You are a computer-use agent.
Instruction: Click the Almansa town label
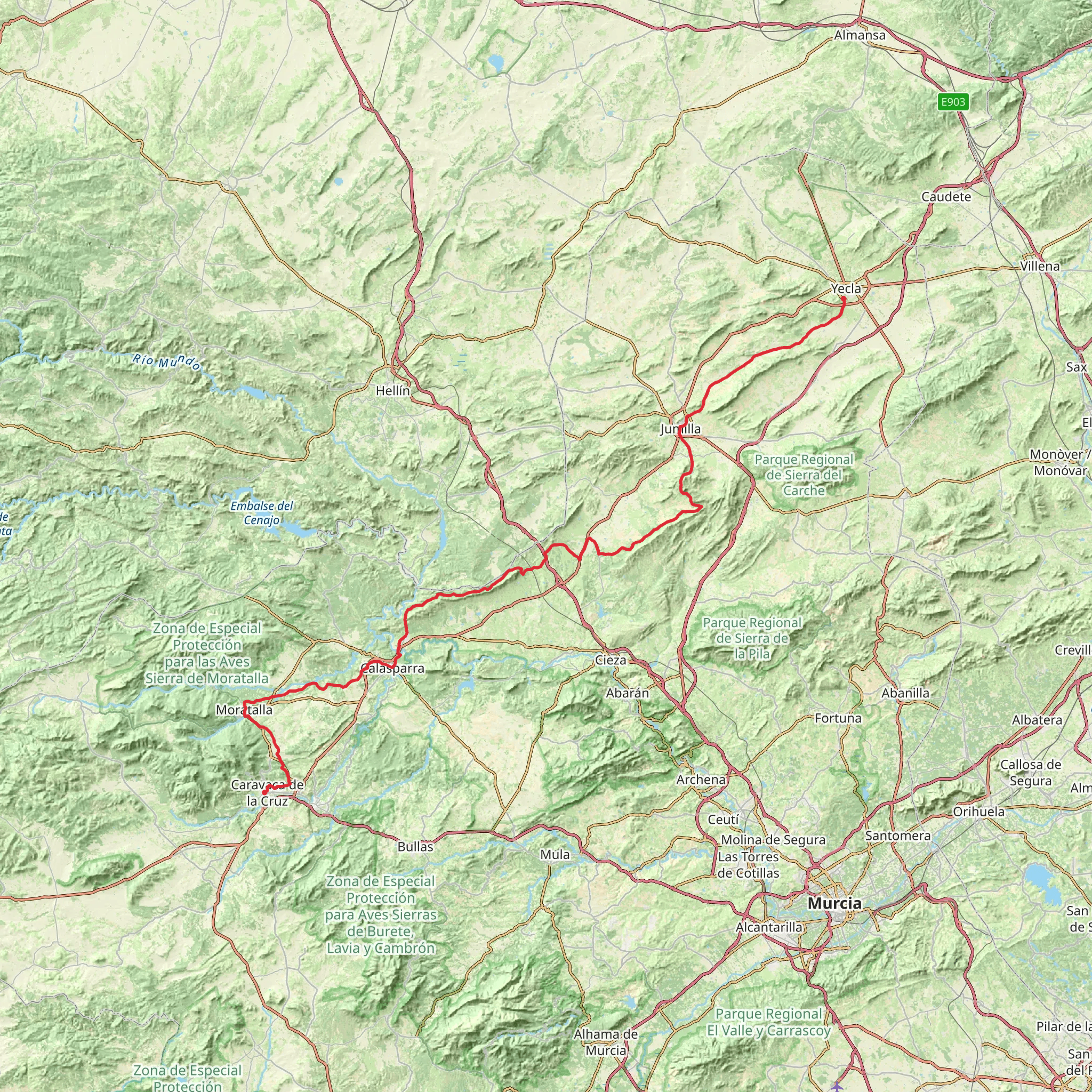[x=860, y=36]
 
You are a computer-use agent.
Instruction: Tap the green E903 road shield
[x=953, y=102]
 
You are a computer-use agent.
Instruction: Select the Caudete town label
[x=946, y=197]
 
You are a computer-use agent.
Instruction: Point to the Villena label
[x=1040, y=266]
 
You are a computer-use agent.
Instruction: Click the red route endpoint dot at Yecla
[x=844, y=298]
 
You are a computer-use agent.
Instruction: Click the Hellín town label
[x=393, y=390]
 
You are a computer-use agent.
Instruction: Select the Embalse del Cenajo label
[x=262, y=512]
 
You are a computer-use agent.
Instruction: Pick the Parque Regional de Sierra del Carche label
[x=804, y=475]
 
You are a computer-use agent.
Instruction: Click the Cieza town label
[x=611, y=660]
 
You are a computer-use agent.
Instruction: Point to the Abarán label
[x=628, y=693]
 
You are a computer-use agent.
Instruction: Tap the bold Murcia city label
[x=834, y=903]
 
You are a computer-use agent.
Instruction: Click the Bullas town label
[x=415, y=847]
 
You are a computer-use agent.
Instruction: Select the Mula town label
[x=555, y=855]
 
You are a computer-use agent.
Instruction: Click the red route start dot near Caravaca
[x=264, y=793]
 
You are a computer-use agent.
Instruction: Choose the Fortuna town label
[x=838, y=718]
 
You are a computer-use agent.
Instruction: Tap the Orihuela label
[x=978, y=812]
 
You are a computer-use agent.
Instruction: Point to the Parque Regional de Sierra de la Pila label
[x=752, y=639]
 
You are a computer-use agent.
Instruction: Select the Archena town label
[x=701, y=780]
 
